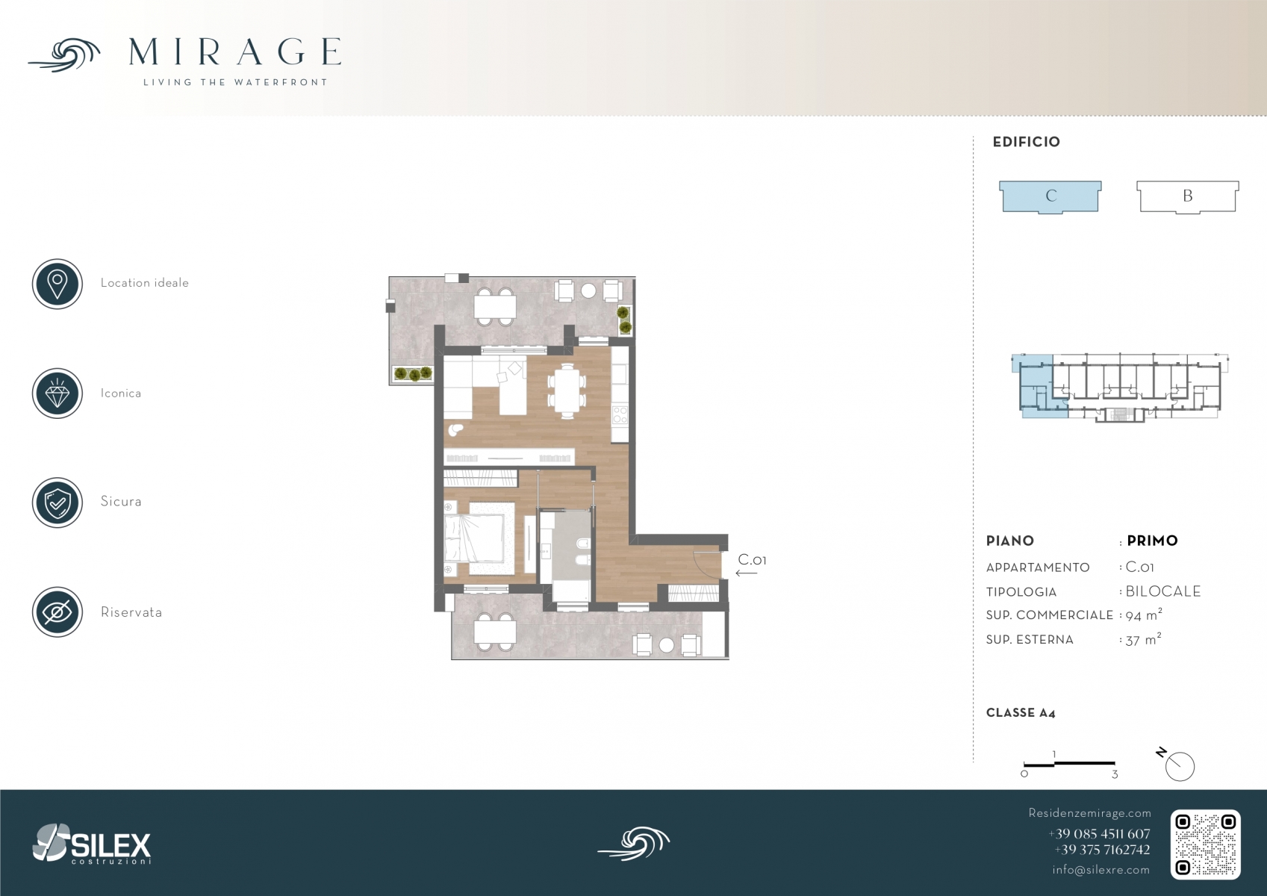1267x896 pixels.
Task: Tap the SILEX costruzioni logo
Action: click(92, 844)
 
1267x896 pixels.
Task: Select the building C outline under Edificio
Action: click(1050, 197)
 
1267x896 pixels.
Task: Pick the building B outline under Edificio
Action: click(1188, 197)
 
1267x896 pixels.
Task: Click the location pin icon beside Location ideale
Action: click(57, 284)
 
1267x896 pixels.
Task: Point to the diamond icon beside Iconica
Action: click(57, 393)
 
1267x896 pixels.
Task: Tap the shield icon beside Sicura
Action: click(57, 503)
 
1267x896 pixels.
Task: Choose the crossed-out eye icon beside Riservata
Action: click(57, 612)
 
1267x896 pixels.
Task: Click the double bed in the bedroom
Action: click(474, 538)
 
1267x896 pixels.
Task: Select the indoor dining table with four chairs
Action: click(567, 390)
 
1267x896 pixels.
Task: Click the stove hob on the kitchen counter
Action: click(620, 414)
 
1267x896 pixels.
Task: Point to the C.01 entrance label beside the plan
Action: click(752, 560)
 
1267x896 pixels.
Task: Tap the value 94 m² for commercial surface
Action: click(1144, 615)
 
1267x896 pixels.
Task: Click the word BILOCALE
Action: click(1163, 591)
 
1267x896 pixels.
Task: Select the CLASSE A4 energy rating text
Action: click(1021, 713)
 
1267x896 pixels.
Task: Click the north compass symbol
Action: click(1177, 765)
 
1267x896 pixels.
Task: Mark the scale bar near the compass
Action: click(1069, 765)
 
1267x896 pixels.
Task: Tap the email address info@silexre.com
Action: click(1101, 870)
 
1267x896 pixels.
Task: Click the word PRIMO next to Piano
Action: click(1152, 541)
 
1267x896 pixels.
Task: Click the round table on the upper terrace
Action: click(588, 290)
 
